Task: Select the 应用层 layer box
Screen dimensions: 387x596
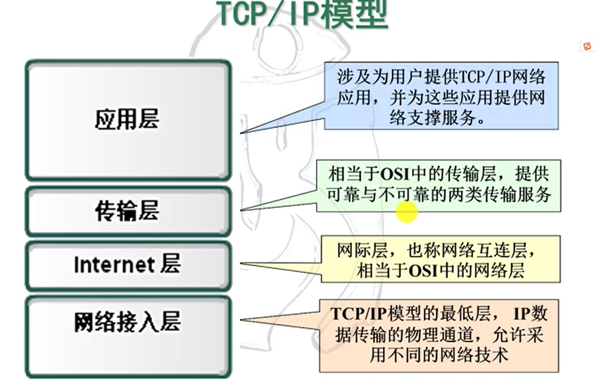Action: [x=127, y=120]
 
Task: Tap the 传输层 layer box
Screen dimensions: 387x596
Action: [x=127, y=211]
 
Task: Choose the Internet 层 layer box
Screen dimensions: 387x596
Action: [x=127, y=265]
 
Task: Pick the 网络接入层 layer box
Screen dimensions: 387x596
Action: [x=127, y=323]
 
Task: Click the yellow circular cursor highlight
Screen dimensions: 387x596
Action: [x=407, y=212]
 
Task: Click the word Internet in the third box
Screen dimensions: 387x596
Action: [x=113, y=265]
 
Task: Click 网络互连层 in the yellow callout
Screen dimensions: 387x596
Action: [x=496, y=248]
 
